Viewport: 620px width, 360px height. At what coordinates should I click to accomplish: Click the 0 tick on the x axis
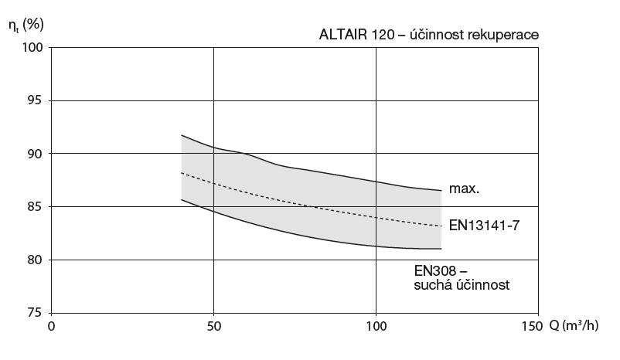[x=51, y=326]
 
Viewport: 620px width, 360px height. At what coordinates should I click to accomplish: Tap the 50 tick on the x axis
[x=213, y=326]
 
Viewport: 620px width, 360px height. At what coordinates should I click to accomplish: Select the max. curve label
[x=464, y=187]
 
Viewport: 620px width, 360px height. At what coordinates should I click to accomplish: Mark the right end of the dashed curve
[x=441, y=226]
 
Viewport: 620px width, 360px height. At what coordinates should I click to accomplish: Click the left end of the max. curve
[x=181, y=135]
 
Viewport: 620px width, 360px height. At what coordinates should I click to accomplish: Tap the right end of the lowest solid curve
[x=441, y=249]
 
